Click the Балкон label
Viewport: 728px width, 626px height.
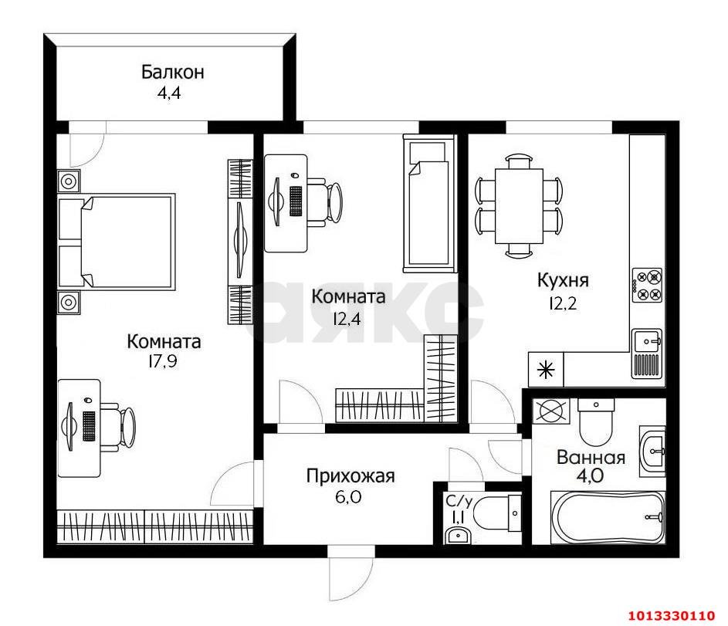[x=172, y=73]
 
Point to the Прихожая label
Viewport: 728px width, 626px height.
[x=350, y=476]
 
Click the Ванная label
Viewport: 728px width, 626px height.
[x=591, y=456]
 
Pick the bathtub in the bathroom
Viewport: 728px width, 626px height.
[x=606, y=518]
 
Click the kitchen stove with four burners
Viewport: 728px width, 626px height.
[x=647, y=285]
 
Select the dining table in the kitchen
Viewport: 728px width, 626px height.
[x=519, y=204]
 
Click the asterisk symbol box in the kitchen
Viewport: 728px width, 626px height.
[x=547, y=370]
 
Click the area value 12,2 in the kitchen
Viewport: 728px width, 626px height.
[x=563, y=303]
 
